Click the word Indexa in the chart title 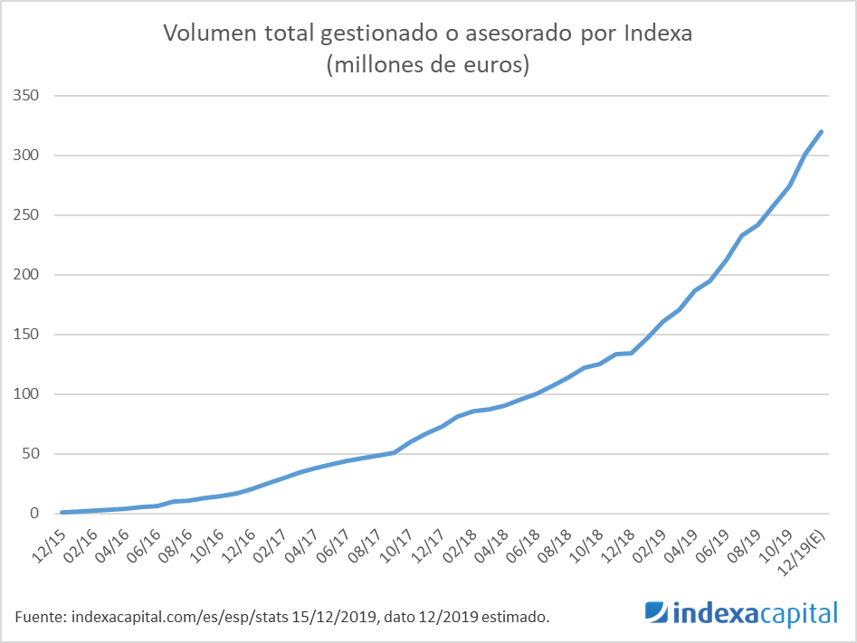(x=658, y=34)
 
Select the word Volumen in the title (x=204, y=34)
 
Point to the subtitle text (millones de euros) (x=428, y=65)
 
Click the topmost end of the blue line (x=821, y=132)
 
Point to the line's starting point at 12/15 (x=62, y=512)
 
